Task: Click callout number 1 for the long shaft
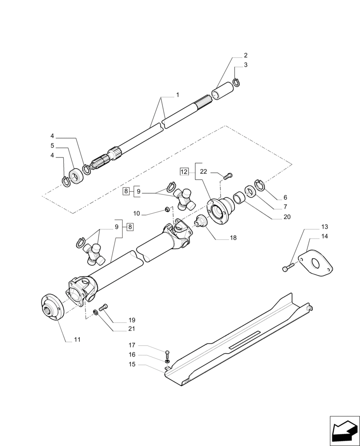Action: [177, 95]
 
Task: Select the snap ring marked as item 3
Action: [237, 83]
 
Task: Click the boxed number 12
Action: [184, 171]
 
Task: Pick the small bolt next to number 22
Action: [226, 176]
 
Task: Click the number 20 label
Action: [286, 217]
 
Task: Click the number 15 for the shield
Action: [132, 365]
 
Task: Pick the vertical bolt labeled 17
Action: [166, 352]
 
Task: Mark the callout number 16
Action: [132, 355]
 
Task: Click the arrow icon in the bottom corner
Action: [344, 430]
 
